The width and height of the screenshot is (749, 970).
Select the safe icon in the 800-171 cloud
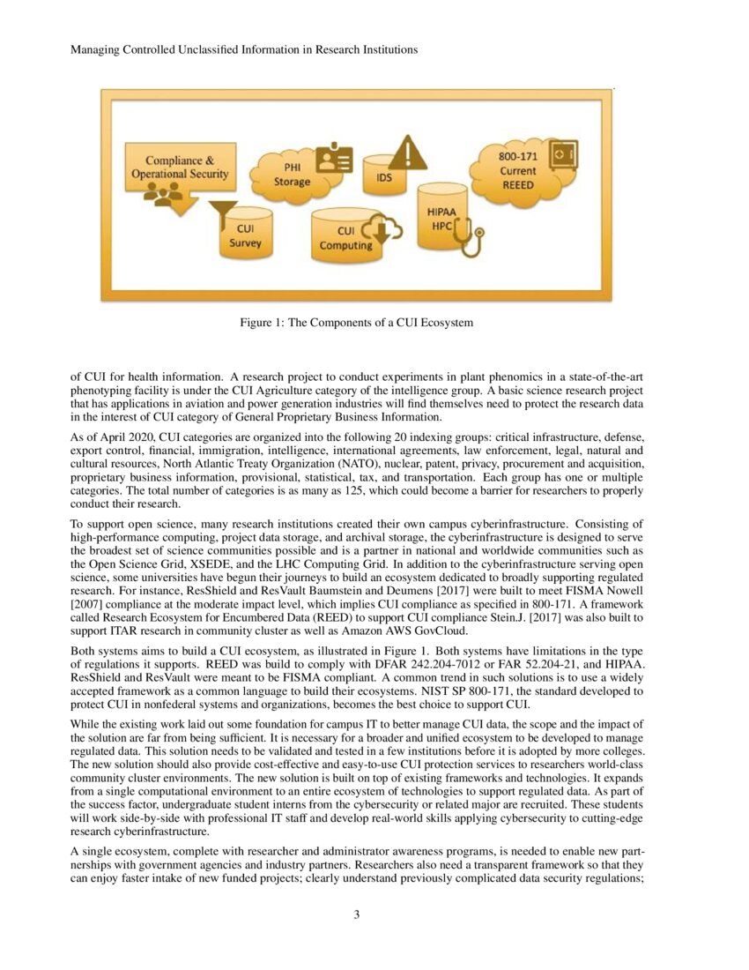[x=561, y=154]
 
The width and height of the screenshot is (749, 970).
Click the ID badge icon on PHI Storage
[x=334, y=160]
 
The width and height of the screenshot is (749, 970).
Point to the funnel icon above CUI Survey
[x=222, y=213]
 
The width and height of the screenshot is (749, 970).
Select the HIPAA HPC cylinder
[x=441, y=218]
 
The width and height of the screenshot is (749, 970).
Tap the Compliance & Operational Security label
[x=180, y=168]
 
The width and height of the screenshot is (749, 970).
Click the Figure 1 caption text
[x=356, y=323]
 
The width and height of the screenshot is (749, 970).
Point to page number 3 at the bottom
[x=356, y=914]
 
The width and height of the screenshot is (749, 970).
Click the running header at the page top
[x=243, y=49]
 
